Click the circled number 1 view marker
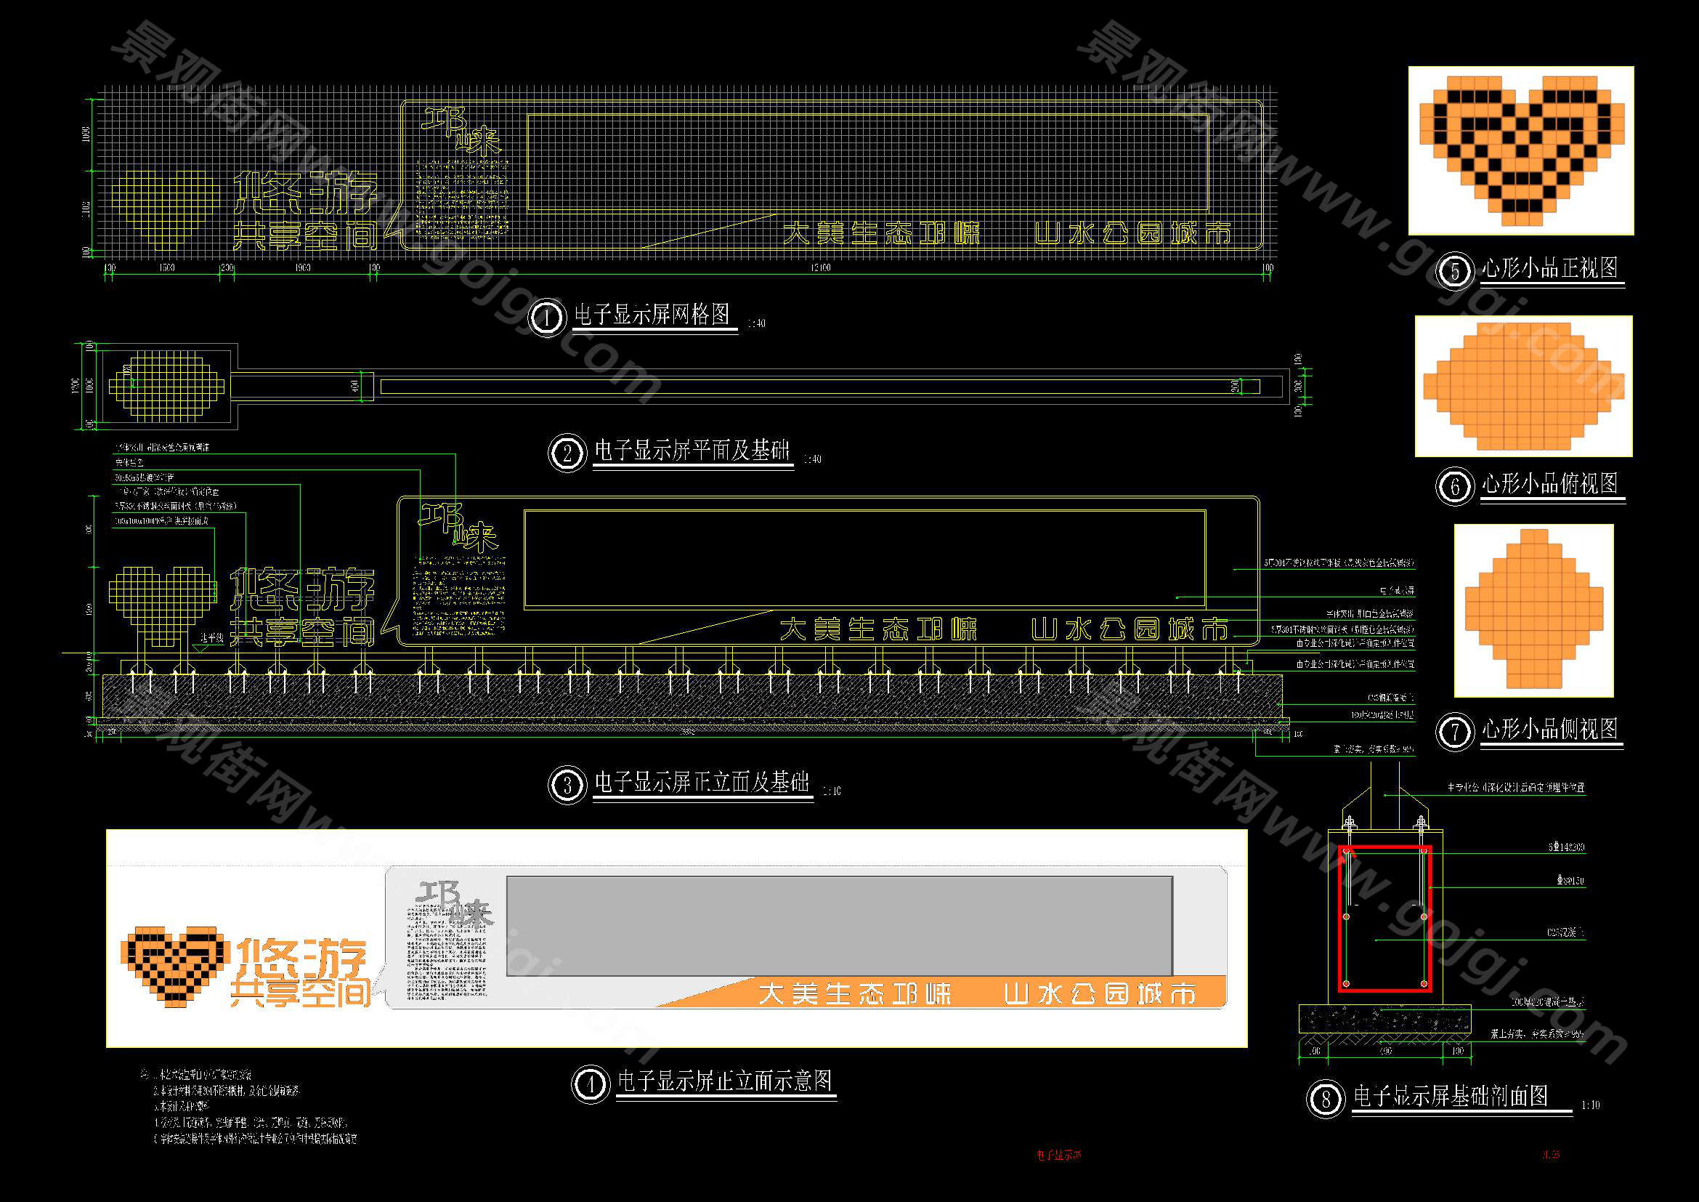(x=547, y=318)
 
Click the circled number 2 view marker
(x=567, y=453)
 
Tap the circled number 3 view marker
(x=567, y=785)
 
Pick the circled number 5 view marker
(x=1455, y=271)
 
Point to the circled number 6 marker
(x=1455, y=486)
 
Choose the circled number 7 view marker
(x=1455, y=732)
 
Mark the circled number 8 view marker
(x=1325, y=1099)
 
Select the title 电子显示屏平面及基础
(x=693, y=451)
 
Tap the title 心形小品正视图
(x=1549, y=268)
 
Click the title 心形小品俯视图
(x=1549, y=484)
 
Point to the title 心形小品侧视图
(x=1549, y=729)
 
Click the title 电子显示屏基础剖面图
(x=1451, y=1096)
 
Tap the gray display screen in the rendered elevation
(x=839, y=926)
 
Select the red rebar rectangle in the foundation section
(x=1384, y=918)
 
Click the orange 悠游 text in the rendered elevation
(x=302, y=958)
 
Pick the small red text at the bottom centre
(x=1059, y=1155)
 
